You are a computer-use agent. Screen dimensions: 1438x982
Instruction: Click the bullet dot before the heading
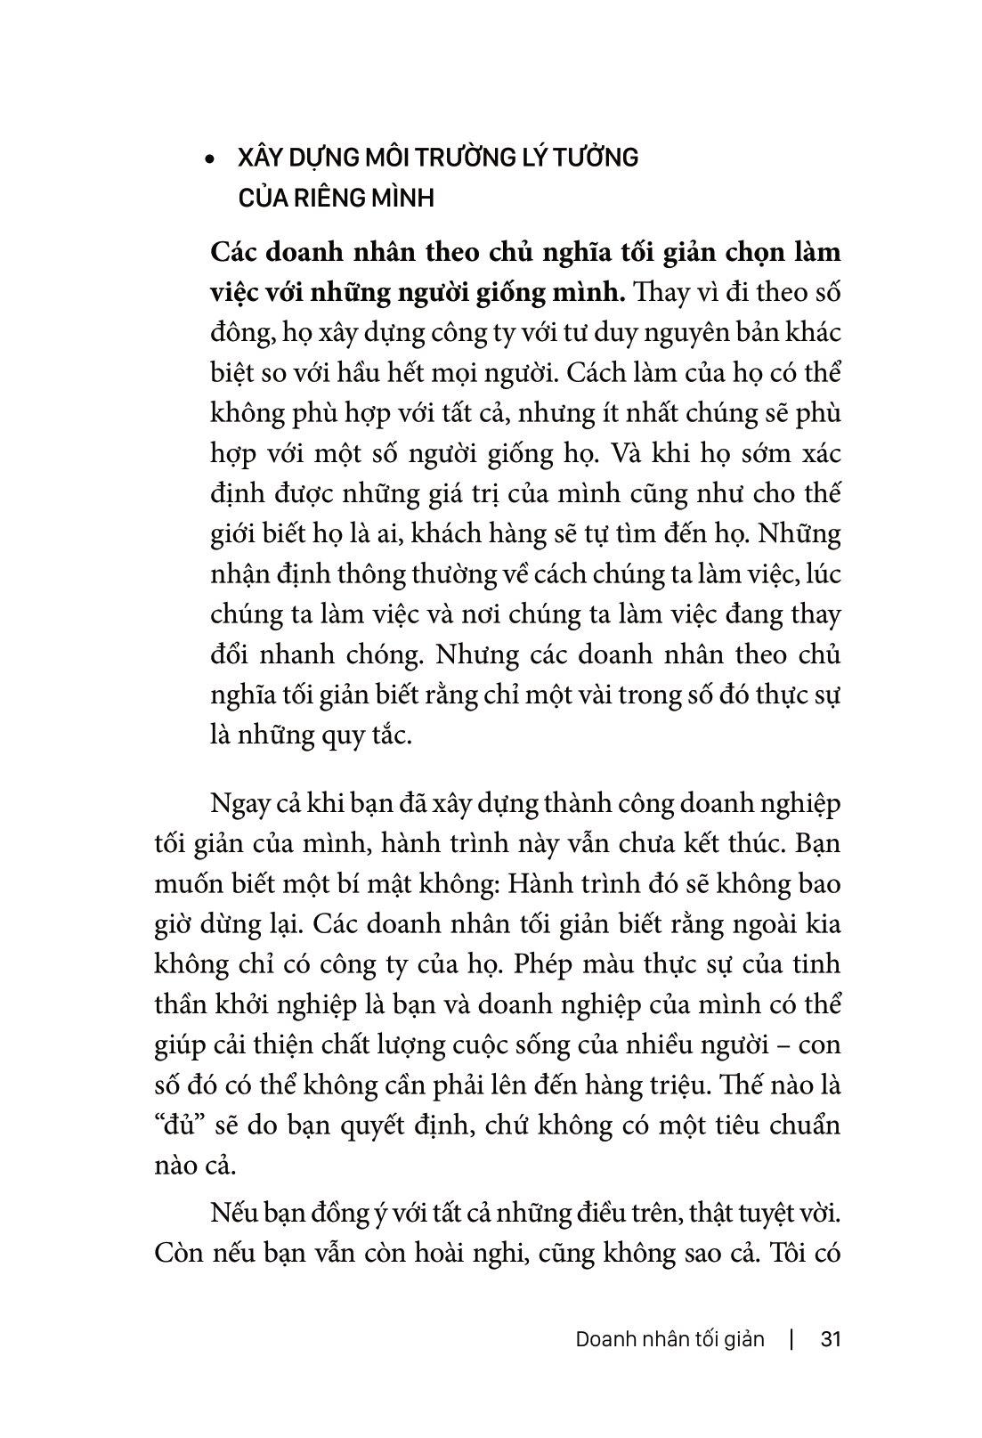pyautogui.click(x=210, y=161)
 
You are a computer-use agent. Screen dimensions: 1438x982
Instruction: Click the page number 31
pyautogui.click(x=830, y=1339)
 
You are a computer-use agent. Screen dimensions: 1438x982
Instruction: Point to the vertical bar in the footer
pyautogui.click(x=791, y=1339)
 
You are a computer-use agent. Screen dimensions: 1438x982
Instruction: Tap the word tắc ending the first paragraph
pyautogui.click(x=388, y=736)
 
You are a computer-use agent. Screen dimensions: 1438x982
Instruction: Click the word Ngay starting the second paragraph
pyautogui.click(x=243, y=804)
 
